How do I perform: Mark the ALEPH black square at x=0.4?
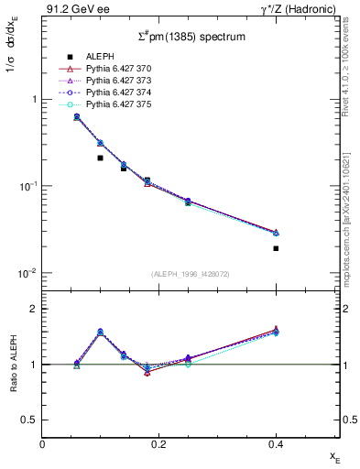[x=276, y=248]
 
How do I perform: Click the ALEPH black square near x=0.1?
[x=101, y=158]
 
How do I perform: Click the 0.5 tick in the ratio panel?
[x=31, y=420]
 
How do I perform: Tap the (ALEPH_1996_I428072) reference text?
[x=191, y=274]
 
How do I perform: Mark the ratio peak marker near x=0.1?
[x=101, y=332]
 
